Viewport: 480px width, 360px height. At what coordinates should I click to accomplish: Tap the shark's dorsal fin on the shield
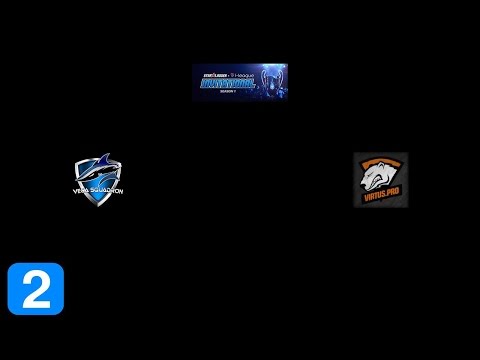click(x=100, y=160)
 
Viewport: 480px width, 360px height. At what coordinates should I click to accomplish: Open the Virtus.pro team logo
click(x=380, y=180)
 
